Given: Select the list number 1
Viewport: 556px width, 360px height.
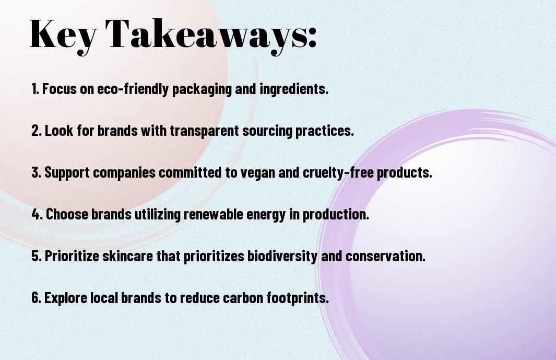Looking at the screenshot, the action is point(35,89).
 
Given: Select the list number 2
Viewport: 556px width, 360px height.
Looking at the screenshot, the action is point(37,131).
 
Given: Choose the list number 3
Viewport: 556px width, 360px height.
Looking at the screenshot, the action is point(37,172).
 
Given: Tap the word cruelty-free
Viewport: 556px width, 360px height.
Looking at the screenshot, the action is point(338,172).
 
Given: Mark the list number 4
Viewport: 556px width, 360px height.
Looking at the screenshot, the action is point(37,214).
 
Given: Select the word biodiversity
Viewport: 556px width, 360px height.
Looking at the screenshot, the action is point(282,257).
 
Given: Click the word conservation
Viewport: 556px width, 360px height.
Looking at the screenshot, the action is point(385,256).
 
